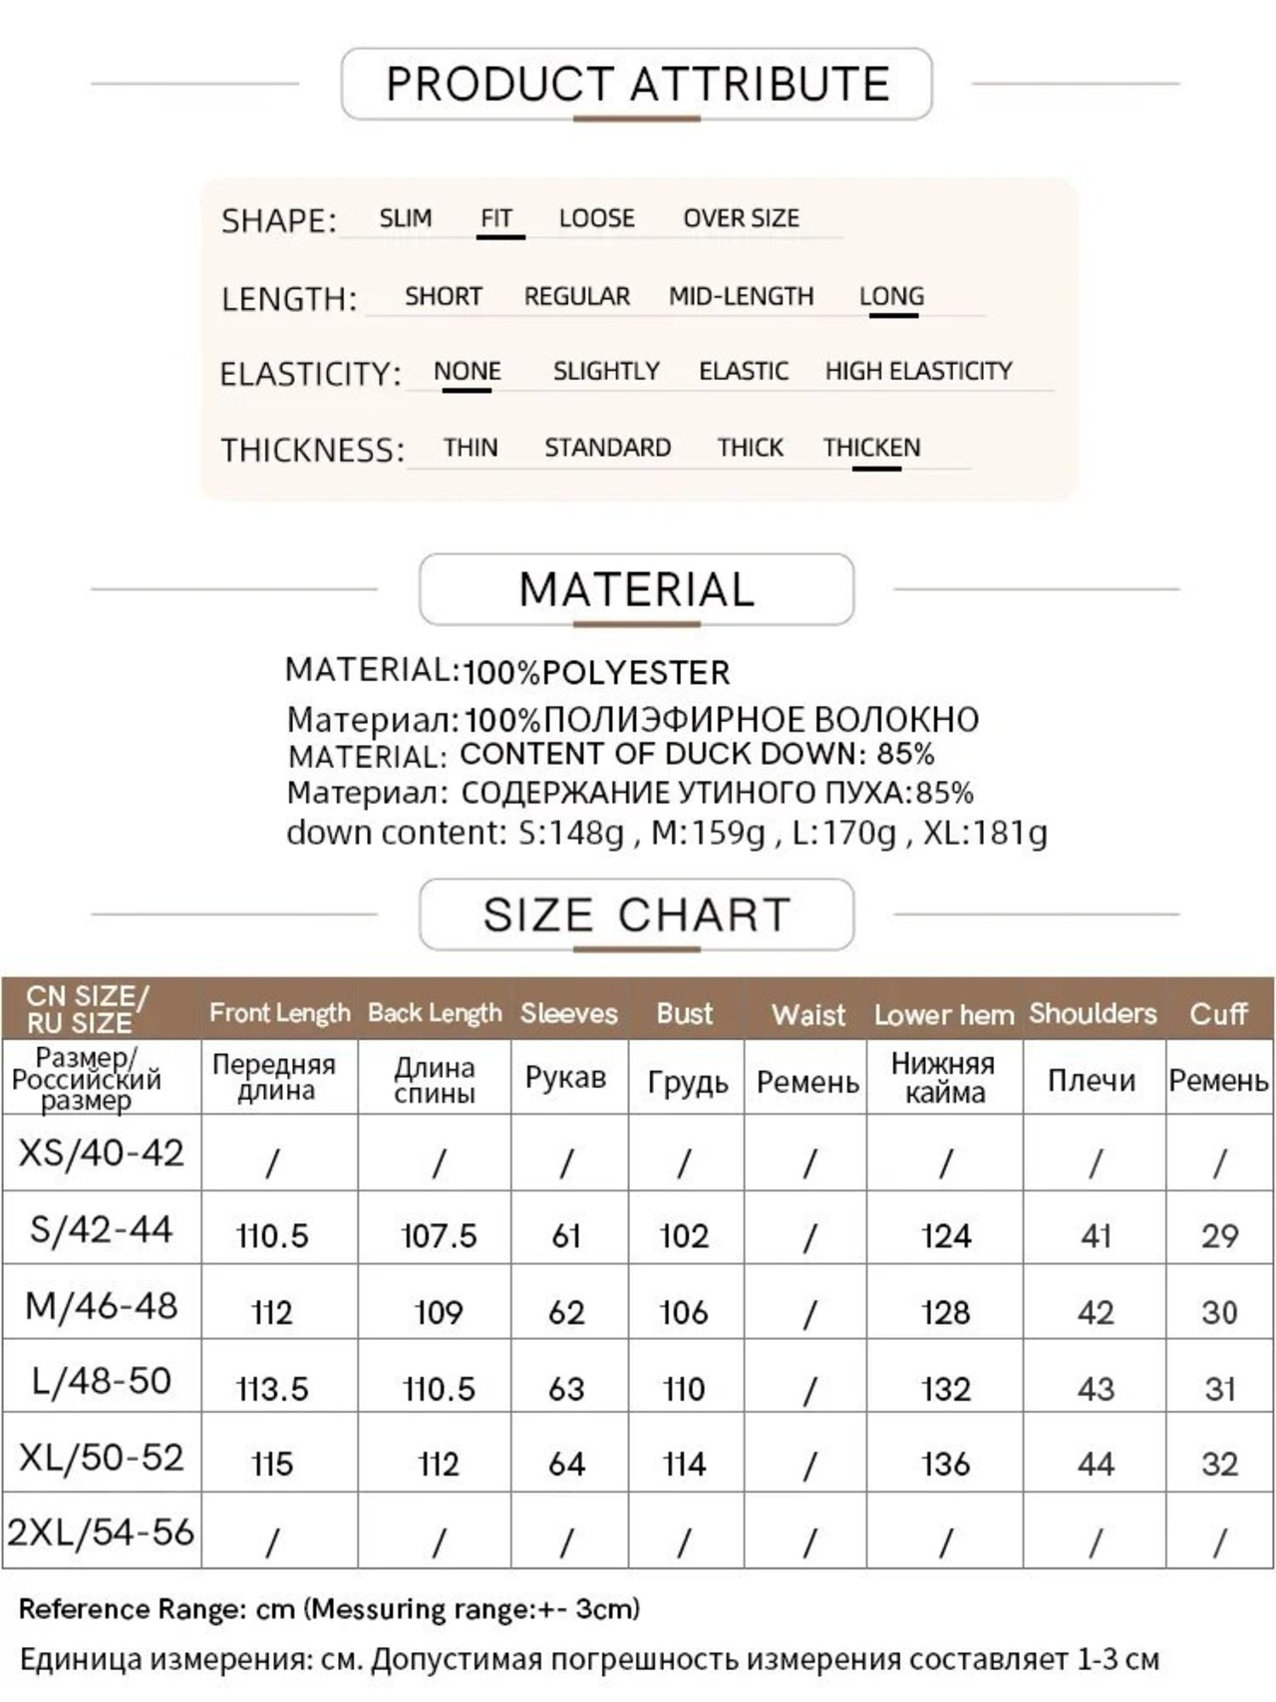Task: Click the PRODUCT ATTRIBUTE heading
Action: point(637,84)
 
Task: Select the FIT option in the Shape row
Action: point(496,218)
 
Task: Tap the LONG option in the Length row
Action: point(892,296)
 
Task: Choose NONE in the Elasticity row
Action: point(467,372)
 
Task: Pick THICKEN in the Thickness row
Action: point(871,448)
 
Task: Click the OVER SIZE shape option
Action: point(741,218)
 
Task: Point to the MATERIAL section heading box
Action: point(637,589)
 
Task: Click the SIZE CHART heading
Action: point(637,914)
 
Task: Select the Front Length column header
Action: point(279,1013)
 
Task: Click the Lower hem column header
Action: point(944,1015)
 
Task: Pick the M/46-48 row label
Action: point(102,1305)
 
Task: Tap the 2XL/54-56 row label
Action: point(102,1532)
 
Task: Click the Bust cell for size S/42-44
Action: point(684,1236)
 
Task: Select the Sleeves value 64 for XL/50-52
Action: point(566,1464)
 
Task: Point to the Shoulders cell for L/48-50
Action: point(1095,1389)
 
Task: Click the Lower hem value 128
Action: point(945,1312)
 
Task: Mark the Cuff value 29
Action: point(1219,1236)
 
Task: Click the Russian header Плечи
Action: point(1092,1081)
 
